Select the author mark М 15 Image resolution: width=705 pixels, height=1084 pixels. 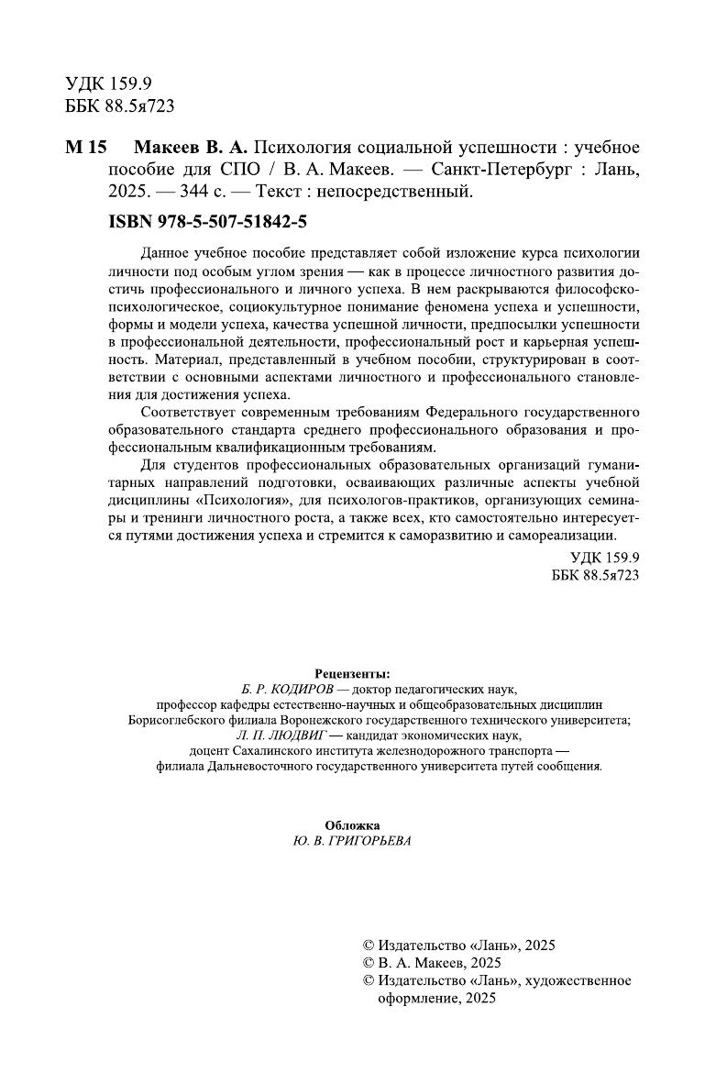[x=87, y=149]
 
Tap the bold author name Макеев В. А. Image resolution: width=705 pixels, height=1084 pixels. [x=191, y=149]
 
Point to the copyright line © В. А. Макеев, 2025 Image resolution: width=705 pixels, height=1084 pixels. [x=433, y=962]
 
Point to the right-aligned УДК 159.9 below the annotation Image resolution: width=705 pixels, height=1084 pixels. [x=604, y=558]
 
